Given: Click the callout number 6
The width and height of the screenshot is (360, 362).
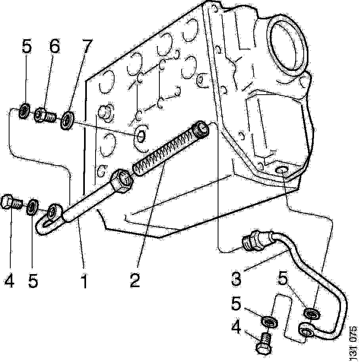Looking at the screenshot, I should click(54, 48).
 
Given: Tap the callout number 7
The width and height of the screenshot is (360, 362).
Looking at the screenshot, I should click(84, 48).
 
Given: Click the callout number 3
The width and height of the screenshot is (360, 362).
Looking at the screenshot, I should click(236, 279).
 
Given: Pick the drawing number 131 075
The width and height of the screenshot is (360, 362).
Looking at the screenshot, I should click(353, 343).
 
